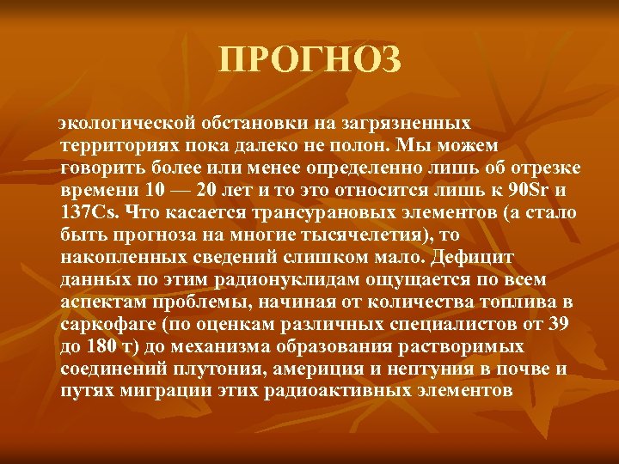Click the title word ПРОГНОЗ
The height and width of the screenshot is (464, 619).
click(309, 61)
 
